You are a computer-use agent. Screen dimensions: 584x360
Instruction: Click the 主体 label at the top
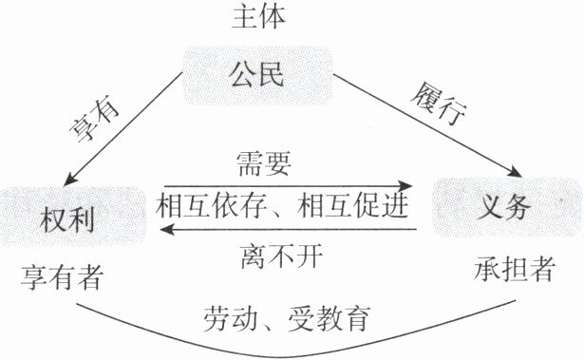click(258, 16)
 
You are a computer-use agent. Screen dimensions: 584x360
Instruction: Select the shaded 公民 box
click(257, 75)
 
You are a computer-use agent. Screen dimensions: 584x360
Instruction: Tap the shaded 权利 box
click(72, 218)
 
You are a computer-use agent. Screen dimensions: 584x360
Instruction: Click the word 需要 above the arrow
click(264, 164)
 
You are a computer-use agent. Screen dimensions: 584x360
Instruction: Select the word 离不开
click(282, 257)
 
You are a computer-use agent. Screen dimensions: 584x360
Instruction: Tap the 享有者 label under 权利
click(62, 277)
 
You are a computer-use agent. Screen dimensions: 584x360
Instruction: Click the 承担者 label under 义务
click(515, 269)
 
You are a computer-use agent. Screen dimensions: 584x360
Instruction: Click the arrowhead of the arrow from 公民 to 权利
click(69, 180)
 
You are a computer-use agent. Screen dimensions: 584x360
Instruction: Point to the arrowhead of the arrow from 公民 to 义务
click(516, 172)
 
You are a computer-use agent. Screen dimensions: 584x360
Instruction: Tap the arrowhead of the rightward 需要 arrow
click(405, 185)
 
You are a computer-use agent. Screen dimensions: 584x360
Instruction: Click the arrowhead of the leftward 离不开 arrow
click(167, 229)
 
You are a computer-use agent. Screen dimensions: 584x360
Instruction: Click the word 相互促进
click(353, 206)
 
